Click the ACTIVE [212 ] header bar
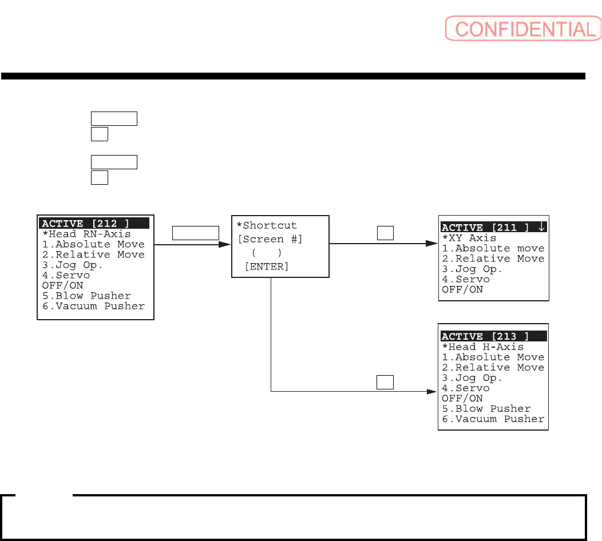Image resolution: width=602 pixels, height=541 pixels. pos(94,223)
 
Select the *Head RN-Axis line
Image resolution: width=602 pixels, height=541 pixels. pos(86,234)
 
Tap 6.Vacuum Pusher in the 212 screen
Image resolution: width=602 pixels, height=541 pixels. pos(93,306)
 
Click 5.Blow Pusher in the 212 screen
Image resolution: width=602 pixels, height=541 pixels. pos(87,296)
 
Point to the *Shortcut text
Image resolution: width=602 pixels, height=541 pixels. pos(267,225)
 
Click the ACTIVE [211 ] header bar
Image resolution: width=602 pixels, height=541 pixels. pos(494,228)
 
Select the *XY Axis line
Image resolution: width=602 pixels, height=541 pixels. pos(469,238)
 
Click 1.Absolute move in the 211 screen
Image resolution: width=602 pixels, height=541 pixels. pos(493,248)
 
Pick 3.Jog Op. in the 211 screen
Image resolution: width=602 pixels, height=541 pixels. pos(472,269)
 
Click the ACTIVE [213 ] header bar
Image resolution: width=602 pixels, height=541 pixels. pos(493,336)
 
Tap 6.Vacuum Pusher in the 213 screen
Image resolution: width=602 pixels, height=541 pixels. pos(493,419)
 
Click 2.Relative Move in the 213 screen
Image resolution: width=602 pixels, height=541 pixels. pos(493,367)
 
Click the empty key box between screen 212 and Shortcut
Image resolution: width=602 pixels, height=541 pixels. pos(196,232)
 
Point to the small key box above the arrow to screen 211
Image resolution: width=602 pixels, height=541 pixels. pos(385,232)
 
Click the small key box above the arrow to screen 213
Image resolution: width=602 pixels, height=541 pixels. pos(385,381)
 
